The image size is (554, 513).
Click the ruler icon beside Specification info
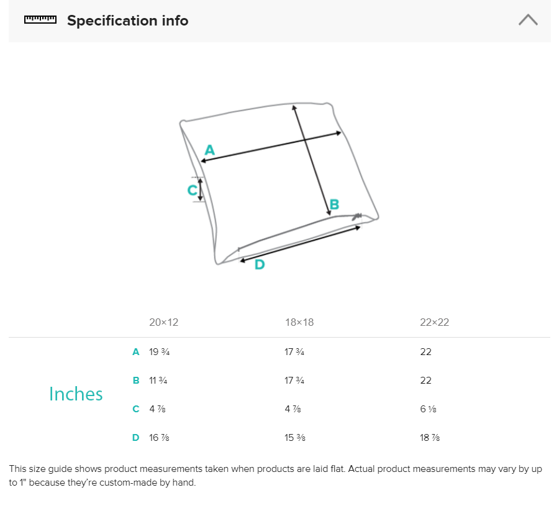coord(40,20)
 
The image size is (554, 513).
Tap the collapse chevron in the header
coord(528,20)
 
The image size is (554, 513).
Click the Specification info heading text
coord(127,21)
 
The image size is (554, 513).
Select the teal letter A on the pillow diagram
coord(209,150)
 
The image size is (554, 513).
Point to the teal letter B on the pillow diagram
coord(334,205)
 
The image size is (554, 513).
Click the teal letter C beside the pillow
coord(192,190)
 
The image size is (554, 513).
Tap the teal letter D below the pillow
coord(260,265)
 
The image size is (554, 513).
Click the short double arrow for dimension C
coord(201,190)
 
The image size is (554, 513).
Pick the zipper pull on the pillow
coord(357,216)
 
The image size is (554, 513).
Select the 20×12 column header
coord(163,322)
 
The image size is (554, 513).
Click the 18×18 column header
coord(299,322)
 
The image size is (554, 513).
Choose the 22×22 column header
coord(434,322)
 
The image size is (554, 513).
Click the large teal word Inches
coord(76,394)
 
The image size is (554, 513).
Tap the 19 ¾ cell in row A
coord(160,352)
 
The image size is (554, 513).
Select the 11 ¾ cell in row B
coord(158,381)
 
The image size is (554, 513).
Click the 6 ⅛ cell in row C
coord(428,409)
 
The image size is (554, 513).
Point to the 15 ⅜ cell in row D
coord(294,438)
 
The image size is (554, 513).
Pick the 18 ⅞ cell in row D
coord(430,438)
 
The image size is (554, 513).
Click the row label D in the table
coord(135,438)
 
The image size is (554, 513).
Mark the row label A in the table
coord(135,352)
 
